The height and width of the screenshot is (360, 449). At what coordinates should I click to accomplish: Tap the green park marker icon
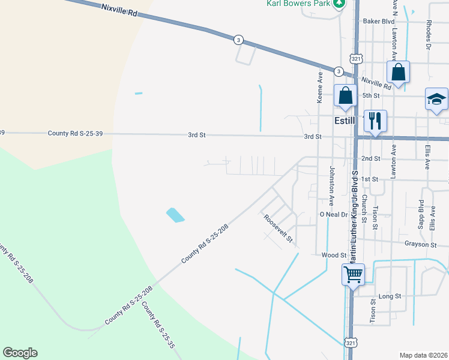(340, 3)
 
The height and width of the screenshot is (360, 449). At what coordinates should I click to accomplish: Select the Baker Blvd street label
(378, 21)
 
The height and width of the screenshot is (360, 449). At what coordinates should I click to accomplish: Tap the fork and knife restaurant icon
(375, 121)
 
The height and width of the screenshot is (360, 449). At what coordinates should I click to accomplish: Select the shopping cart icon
(354, 275)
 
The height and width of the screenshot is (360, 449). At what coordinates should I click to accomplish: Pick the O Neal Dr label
(334, 214)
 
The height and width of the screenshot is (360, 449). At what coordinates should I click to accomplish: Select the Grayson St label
(420, 244)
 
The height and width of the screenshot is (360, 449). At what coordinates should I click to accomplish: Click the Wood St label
(334, 255)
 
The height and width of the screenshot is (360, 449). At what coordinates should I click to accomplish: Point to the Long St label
(390, 296)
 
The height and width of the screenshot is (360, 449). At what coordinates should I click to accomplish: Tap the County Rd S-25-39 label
(79, 133)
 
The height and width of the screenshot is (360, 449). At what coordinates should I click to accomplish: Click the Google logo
(20, 353)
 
